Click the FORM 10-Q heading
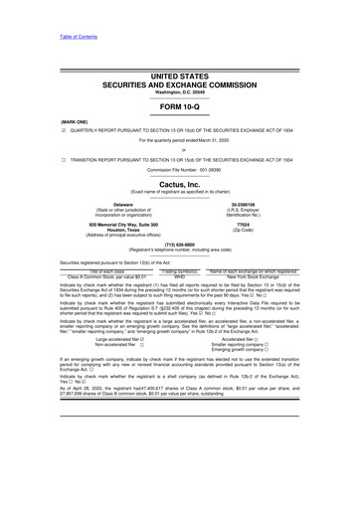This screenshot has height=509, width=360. tap(179, 105)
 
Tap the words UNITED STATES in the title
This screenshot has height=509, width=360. tap(179, 76)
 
